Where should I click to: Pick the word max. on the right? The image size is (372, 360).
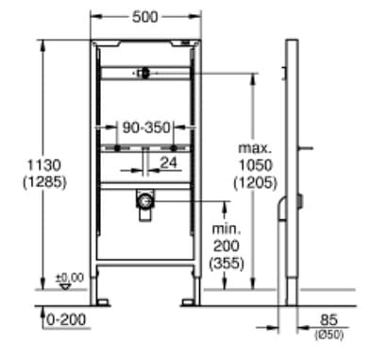[255, 149]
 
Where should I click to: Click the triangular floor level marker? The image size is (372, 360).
[65, 286]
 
